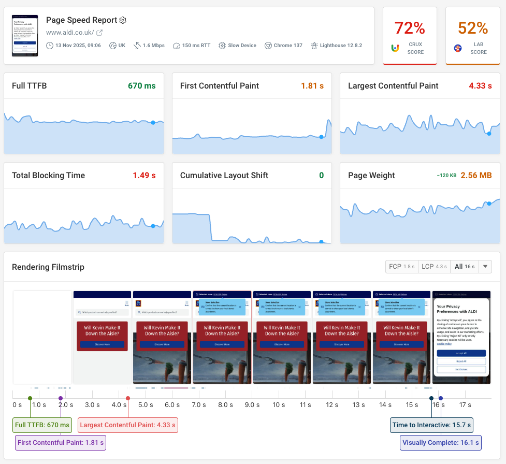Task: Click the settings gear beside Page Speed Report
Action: [x=123, y=20]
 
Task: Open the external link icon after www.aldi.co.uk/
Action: [x=100, y=33]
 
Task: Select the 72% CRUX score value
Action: [x=409, y=27]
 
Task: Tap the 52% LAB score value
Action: [x=473, y=27]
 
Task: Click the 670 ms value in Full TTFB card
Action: [x=141, y=86]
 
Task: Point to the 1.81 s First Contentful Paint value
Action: [x=312, y=86]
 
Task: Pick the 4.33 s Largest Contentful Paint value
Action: [x=480, y=86]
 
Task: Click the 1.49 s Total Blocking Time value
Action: [x=144, y=176]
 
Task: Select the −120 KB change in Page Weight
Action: [x=446, y=176]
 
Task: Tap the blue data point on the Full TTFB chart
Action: [x=153, y=123]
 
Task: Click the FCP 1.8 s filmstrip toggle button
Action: [x=401, y=267]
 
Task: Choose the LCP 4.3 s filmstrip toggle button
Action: [x=434, y=267]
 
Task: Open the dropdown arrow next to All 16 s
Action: [x=485, y=267]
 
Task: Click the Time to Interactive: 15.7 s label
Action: [x=432, y=425]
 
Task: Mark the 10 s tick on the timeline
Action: [x=279, y=404]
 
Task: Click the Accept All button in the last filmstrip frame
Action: [x=461, y=353]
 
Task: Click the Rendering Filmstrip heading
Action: [x=48, y=267]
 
